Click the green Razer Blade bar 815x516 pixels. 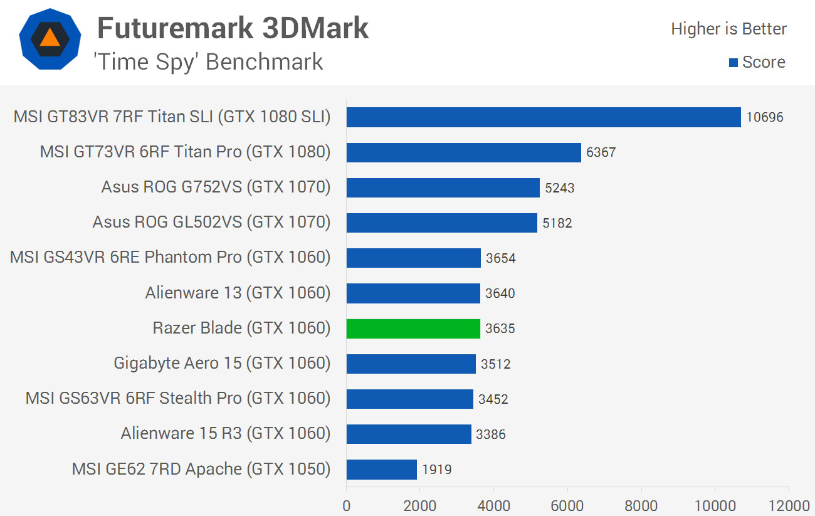(x=413, y=329)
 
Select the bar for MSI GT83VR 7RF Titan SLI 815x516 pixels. (x=544, y=117)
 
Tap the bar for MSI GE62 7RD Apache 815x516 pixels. (x=381, y=469)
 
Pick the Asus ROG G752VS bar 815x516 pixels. (x=443, y=187)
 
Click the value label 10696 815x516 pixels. (x=765, y=117)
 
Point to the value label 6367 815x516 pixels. (x=601, y=152)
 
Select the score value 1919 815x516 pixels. (x=436, y=469)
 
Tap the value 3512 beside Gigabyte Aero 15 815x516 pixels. (x=495, y=364)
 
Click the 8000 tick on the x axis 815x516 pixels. (x=641, y=506)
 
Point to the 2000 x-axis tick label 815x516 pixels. (x=420, y=506)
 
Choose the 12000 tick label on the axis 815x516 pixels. (x=788, y=506)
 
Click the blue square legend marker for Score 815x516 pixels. (x=733, y=63)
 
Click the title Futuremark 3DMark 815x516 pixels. (x=233, y=28)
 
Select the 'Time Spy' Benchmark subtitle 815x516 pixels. (x=208, y=61)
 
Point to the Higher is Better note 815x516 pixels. (x=728, y=29)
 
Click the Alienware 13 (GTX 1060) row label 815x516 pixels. (x=238, y=293)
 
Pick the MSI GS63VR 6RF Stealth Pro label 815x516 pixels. (x=177, y=398)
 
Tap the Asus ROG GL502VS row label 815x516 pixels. (x=211, y=222)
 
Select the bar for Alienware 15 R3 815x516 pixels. (x=408, y=434)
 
